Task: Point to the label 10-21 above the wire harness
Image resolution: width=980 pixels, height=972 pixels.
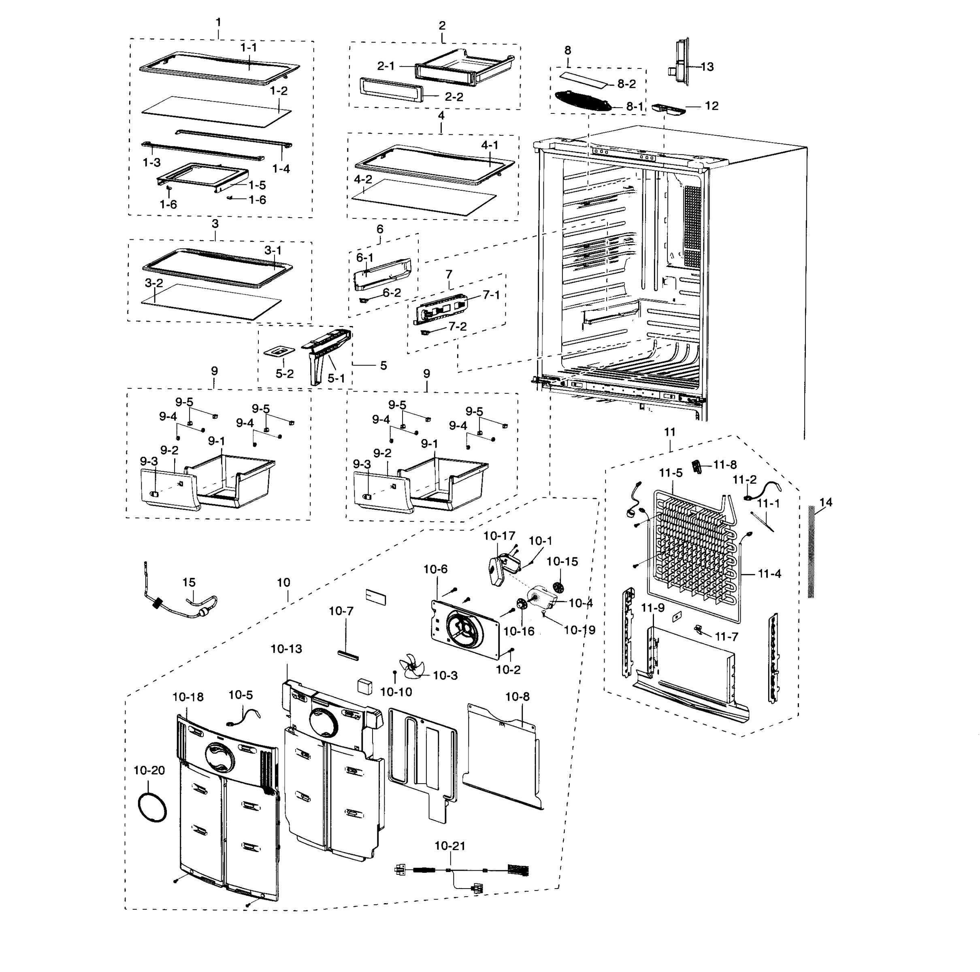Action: pyautogui.click(x=450, y=846)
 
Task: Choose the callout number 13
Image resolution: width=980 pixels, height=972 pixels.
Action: pyautogui.click(x=707, y=66)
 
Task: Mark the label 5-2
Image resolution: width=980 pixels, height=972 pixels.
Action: pyautogui.click(x=285, y=374)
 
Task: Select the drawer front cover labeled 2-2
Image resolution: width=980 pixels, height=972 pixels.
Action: pyautogui.click(x=390, y=90)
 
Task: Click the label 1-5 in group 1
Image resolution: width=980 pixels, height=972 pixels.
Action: pyautogui.click(x=257, y=185)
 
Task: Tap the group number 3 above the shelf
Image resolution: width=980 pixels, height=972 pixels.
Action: pyautogui.click(x=215, y=224)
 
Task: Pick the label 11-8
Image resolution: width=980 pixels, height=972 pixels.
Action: pyautogui.click(x=724, y=464)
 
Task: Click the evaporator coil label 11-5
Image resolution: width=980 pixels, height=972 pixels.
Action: pyautogui.click(x=671, y=473)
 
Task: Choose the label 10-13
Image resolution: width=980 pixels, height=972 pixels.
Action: pyautogui.click(x=286, y=649)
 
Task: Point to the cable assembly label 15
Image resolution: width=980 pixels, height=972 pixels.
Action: pyautogui.click(x=189, y=582)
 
